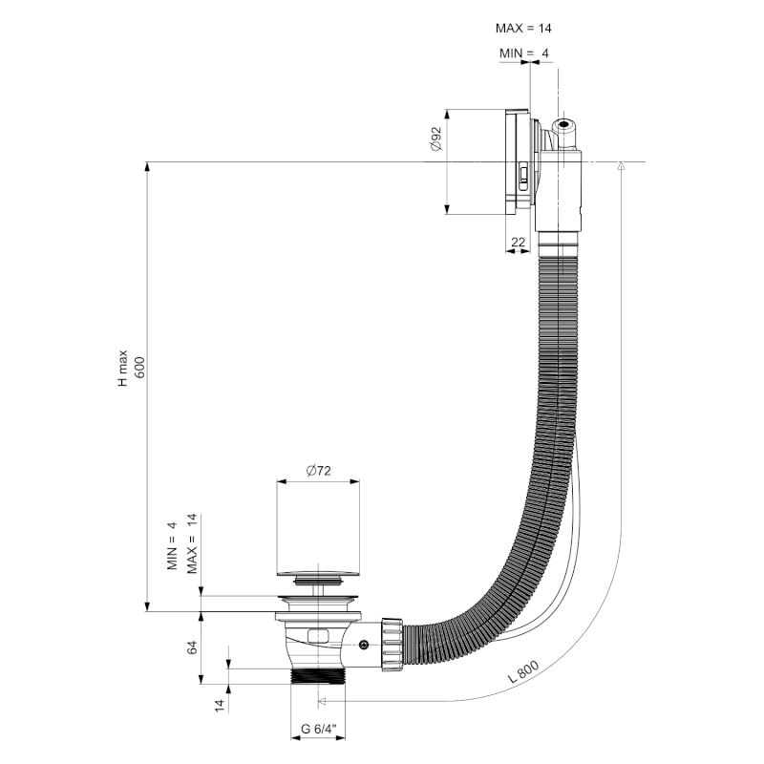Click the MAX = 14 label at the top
pyautogui.click(x=525, y=30)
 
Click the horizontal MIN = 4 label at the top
pyautogui.click(x=524, y=53)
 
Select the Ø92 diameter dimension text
pyautogui.click(x=435, y=139)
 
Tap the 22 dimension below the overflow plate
pyautogui.click(x=519, y=243)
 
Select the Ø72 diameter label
pyautogui.click(x=319, y=470)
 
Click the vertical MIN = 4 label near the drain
pyautogui.click(x=173, y=545)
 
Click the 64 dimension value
pyautogui.click(x=192, y=647)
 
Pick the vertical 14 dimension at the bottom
pyautogui.click(x=219, y=705)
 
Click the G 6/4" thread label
pyautogui.click(x=319, y=729)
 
